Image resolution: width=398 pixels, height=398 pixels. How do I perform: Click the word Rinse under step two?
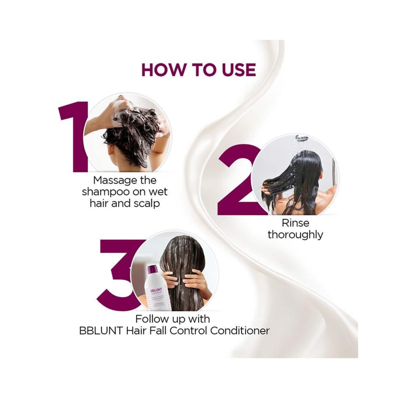[x=296, y=223]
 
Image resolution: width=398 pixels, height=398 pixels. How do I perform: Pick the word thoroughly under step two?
[x=295, y=235]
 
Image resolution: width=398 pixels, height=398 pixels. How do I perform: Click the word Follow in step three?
[x=152, y=319]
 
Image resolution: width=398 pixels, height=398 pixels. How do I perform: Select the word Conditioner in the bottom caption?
[x=240, y=331]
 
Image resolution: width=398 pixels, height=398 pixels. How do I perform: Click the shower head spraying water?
[x=302, y=137]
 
